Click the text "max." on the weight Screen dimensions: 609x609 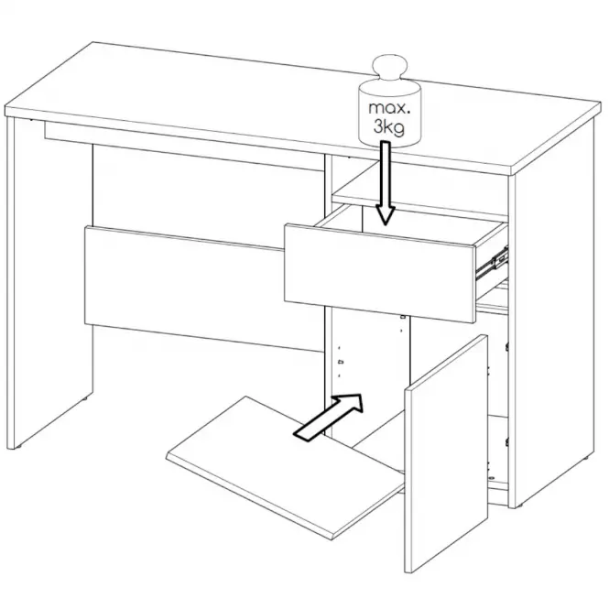coord(389,108)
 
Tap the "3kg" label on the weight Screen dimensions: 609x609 coord(389,126)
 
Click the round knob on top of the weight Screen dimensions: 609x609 coord(390,68)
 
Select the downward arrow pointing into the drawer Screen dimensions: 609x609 coord(385,183)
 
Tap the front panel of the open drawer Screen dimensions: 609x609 coord(380,273)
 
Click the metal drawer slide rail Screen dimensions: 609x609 coord(492,264)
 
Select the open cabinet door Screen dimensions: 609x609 coord(446,452)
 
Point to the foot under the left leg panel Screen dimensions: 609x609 coord(16,448)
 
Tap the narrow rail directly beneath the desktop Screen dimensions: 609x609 coord(184,147)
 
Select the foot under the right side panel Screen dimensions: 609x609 coord(515,506)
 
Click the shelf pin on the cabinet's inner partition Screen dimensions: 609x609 coord(341,362)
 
